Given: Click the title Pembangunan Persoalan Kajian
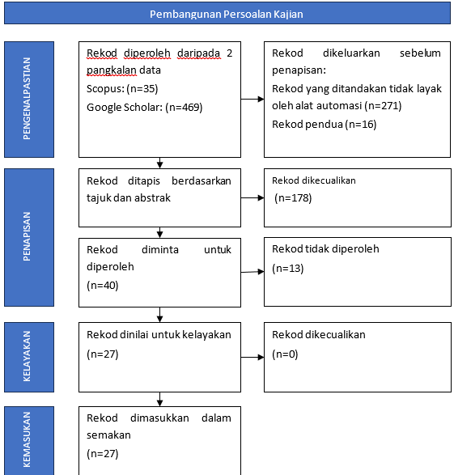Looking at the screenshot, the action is pyautogui.click(x=227, y=14).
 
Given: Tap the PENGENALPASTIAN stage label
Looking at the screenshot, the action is pyautogui.click(x=27, y=99).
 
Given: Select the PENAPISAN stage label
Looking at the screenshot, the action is pyautogui.click(x=27, y=236).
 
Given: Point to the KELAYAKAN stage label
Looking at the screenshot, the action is pyautogui.click(x=27, y=356).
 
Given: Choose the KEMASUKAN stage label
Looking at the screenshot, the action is pyautogui.click(x=27, y=439).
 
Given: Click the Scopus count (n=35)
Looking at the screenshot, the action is pyautogui.click(x=142, y=89).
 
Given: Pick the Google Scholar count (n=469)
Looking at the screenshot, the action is pyautogui.click(x=184, y=108).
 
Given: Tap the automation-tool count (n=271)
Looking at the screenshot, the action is pyautogui.click(x=383, y=106).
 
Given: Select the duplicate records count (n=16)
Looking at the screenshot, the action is pyautogui.click(x=361, y=125).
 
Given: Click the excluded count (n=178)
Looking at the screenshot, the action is pyautogui.click(x=293, y=198).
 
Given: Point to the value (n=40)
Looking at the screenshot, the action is pyautogui.click(x=102, y=286).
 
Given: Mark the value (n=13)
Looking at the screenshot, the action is pyautogui.click(x=288, y=269).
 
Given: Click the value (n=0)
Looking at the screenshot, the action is pyautogui.click(x=285, y=354).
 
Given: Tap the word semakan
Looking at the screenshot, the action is pyautogui.click(x=108, y=435).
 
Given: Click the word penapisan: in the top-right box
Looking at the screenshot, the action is pyautogui.click(x=299, y=70).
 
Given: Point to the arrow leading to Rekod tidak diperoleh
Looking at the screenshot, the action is pyautogui.click(x=252, y=272).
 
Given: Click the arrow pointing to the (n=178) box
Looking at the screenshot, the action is pyautogui.click(x=252, y=197).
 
